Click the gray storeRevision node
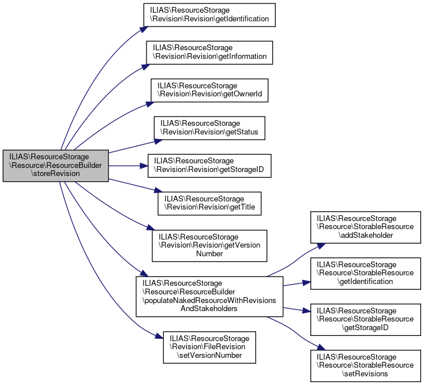pyautogui.click(x=55, y=166)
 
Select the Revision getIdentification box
pyautogui.click(x=209, y=14)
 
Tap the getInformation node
pyautogui.click(x=209, y=53)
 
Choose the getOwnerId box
pyautogui.click(x=209, y=90)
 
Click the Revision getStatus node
pyautogui.click(x=209, y=128)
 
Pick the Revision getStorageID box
pyautogui.click(x=209, y=166)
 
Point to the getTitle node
pyautogui.click(x=209, y=203)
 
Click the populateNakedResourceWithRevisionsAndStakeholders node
pyautogui.click(x=209, y=296)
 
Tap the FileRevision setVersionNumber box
pyautogui.click(x=209, y=347)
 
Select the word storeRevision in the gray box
pyautogui.click(x=55, y=174)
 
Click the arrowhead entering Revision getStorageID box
pyautogui.click(x=145, y=166)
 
